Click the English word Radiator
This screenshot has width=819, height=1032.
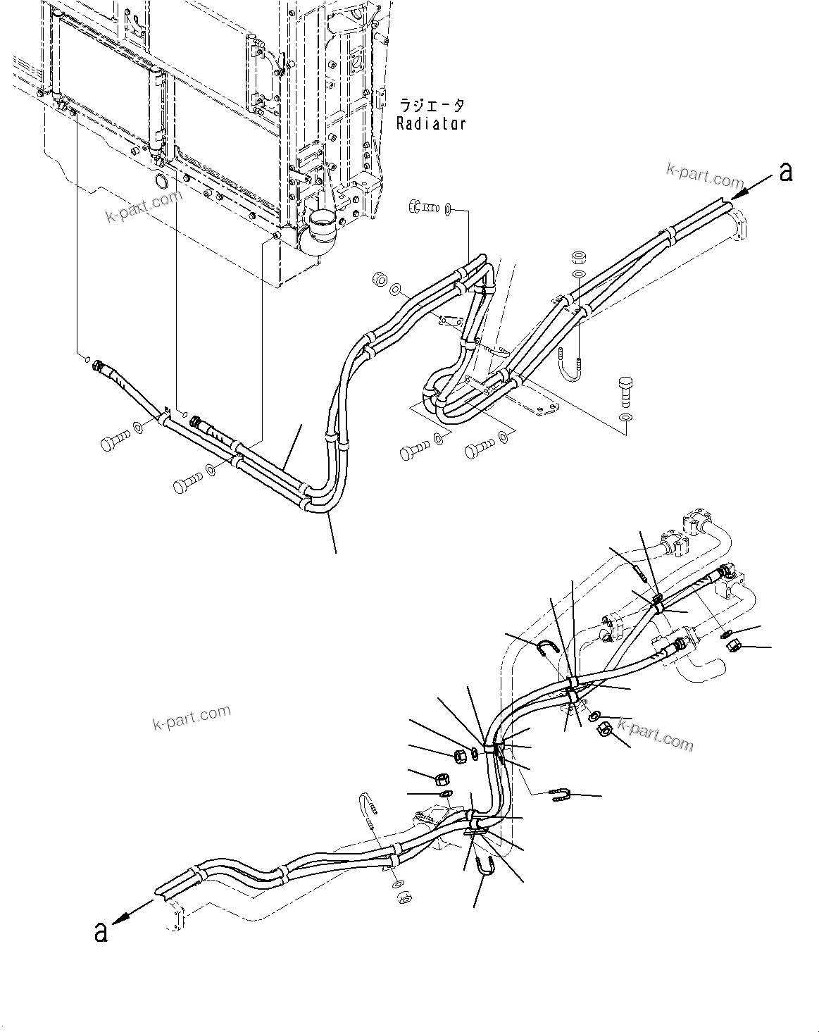[x=431, y=123]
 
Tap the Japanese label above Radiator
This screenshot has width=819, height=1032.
[x=432, y=106]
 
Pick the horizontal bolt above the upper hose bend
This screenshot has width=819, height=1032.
[x=420, y=207]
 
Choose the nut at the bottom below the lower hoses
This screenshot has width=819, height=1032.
[x=404, y=897]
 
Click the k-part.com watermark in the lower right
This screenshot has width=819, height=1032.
[x=656, y=734]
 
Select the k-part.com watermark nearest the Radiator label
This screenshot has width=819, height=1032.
[x=704, y=171]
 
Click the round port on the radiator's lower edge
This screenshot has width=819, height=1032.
[x=161, y=182]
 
